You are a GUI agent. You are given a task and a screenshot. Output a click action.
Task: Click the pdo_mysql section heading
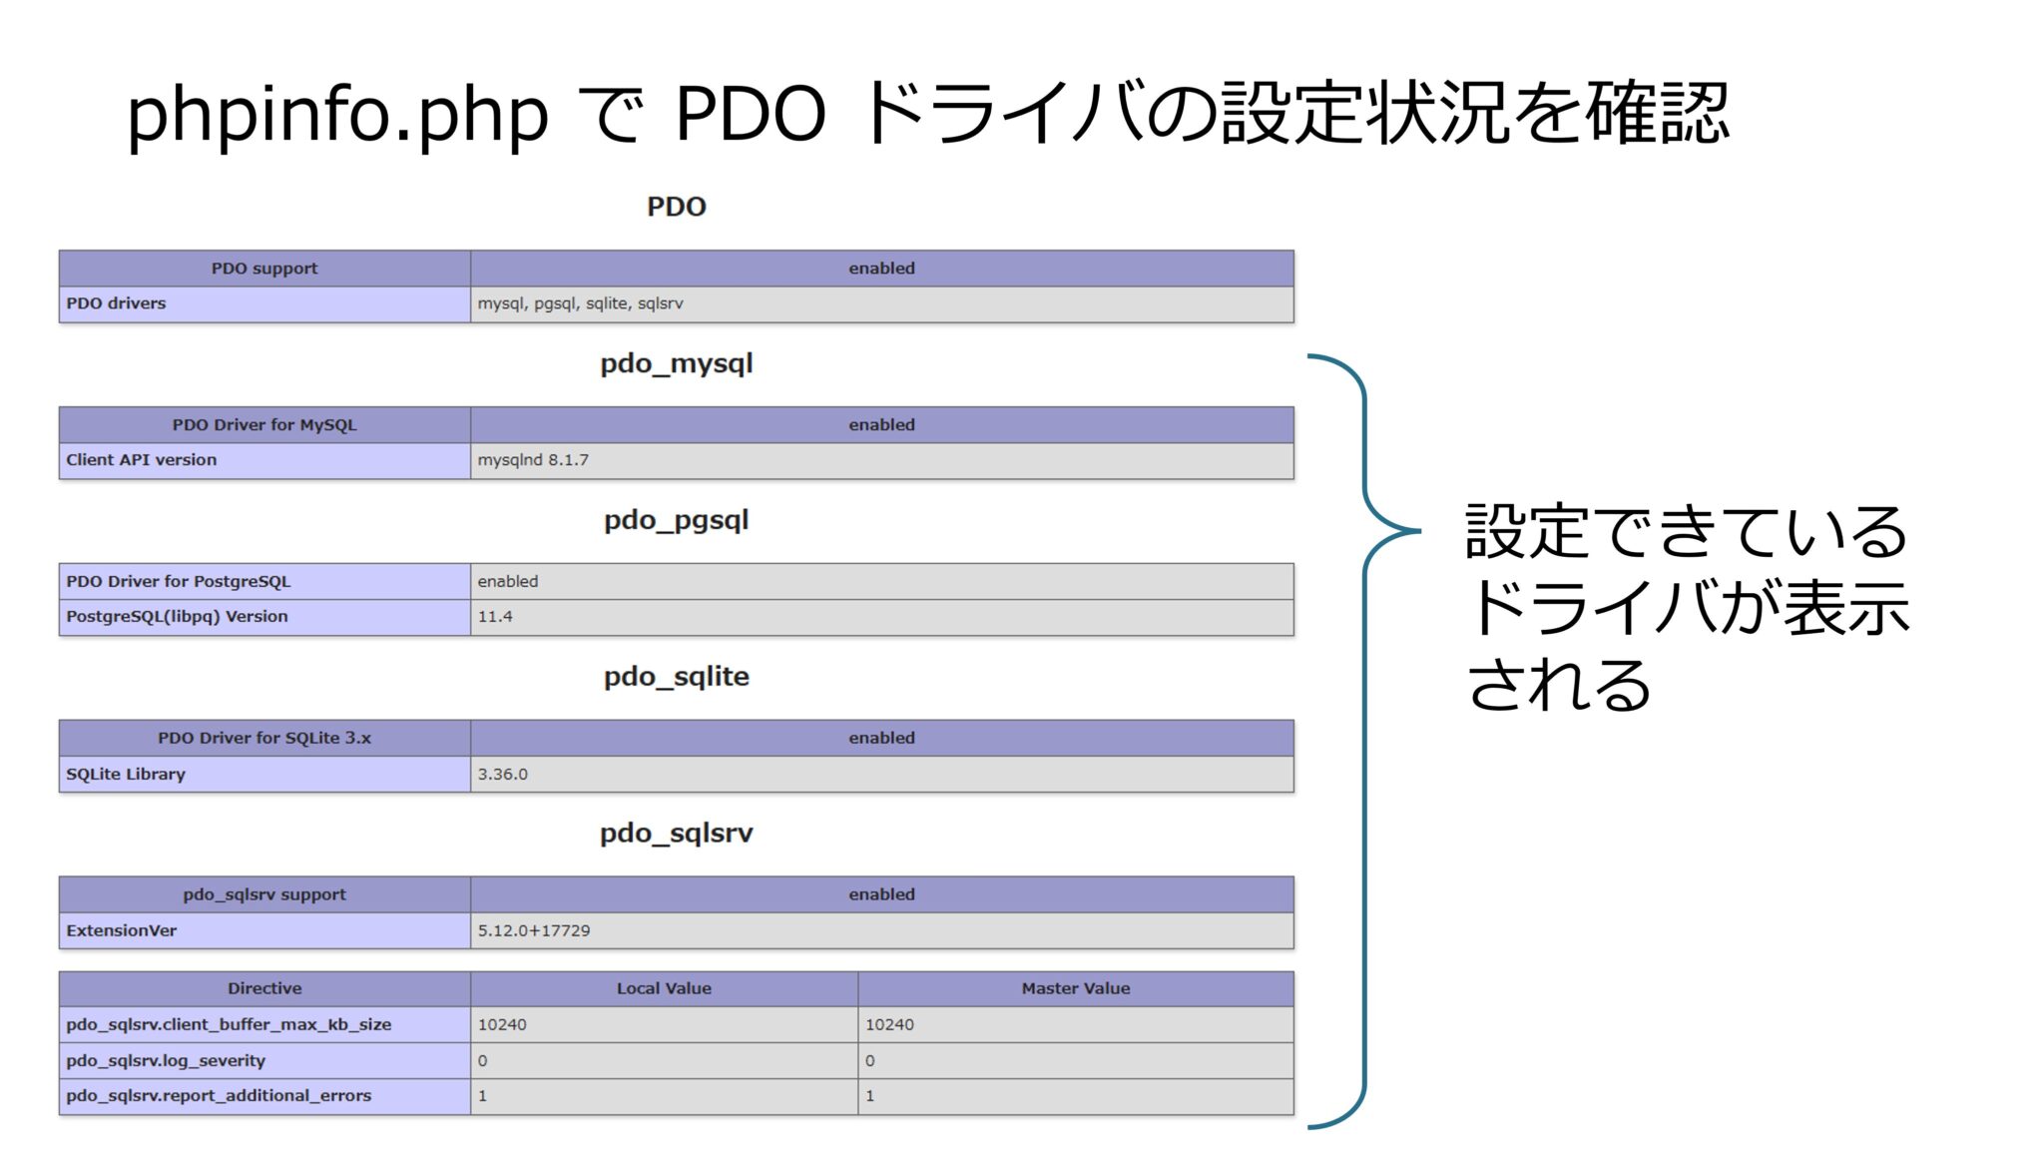[676, 363]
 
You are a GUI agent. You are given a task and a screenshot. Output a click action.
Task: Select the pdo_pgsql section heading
[676, 520]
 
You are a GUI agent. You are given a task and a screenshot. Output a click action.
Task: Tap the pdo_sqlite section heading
[676, 677]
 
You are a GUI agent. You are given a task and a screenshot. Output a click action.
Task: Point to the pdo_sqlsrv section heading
[676, 834]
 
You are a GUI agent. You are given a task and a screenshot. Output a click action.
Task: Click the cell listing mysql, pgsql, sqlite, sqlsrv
[580, 303]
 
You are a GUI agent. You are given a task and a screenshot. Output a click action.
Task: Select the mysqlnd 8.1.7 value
[533, 460]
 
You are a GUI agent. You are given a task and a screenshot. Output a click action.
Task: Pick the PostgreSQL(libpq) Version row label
[177, 617]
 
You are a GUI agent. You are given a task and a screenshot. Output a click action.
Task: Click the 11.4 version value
[495, 617]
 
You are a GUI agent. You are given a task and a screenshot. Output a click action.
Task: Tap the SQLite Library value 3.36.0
[502, 774]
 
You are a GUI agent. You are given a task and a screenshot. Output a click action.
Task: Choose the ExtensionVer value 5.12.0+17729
[533, 930]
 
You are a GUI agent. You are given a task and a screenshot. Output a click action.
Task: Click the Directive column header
[264, 988]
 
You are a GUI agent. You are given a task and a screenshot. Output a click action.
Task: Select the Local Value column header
[664, 988]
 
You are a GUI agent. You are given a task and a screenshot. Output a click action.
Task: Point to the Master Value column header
[1075, 988]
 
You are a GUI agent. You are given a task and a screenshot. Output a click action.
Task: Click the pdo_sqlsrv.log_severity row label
[166, 1060]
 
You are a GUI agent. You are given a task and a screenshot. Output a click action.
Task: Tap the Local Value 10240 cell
[502, 1024]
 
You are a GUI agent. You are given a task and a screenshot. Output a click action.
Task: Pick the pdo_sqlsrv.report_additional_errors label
[219, 1095]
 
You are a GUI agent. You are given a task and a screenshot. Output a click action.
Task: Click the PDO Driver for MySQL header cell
[264, 425]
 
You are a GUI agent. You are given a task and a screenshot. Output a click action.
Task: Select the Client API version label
[141, 460]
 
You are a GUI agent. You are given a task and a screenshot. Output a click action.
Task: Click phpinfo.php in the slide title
[336, 114]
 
